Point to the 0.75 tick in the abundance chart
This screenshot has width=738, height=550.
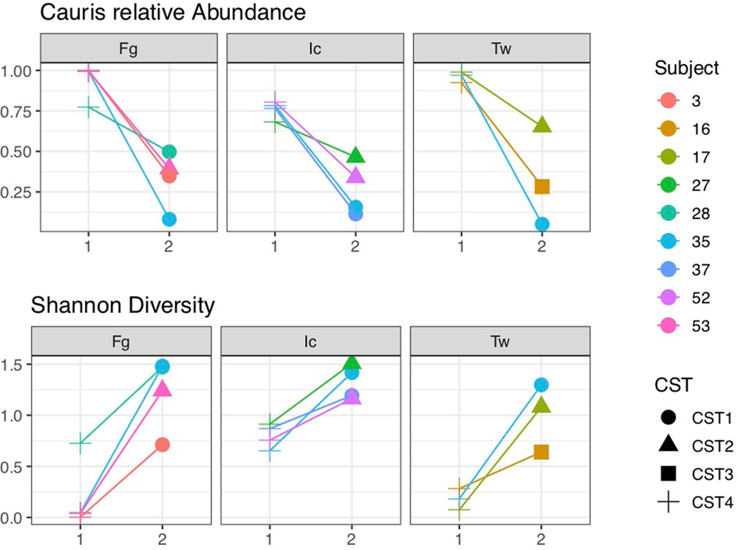point(21,111)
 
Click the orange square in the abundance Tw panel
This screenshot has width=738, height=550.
point(542,186)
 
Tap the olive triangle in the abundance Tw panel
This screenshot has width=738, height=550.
point(542,126)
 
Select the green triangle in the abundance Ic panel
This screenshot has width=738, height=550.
point(355,155)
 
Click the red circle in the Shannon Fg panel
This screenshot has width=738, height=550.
point(162,445)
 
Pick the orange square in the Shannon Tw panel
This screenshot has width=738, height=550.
point(541,452)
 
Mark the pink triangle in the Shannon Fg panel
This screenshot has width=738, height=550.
point(162,389)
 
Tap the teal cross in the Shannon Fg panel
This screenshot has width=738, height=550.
point(81,443)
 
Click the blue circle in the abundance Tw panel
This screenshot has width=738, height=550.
point(542,224)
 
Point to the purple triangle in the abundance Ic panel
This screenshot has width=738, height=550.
point(355,176)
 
